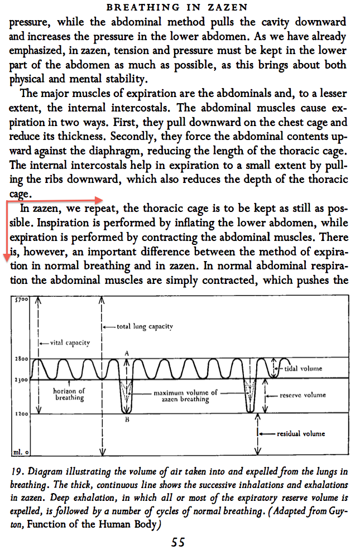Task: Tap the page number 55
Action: (x=179, y=542)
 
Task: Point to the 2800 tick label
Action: (x=21, y=358)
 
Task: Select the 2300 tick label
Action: (x=21, y=380)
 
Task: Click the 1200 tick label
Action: (x=21, y=414)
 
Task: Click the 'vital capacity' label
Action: (x=70, y=342)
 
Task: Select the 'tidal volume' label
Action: (x=303, y=369)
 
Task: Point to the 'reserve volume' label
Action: (x=303, y=395)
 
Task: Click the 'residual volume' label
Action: (x=301, y=433)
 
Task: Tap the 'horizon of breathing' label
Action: (x=69, y=394)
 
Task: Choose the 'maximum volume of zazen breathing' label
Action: (x=185, y=396)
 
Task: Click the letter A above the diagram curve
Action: (x=127, y=353)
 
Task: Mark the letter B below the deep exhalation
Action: (x=127, y=420)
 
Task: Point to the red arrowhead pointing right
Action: (x=99, y=199)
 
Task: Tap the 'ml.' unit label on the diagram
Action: (x=17, y=451)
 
